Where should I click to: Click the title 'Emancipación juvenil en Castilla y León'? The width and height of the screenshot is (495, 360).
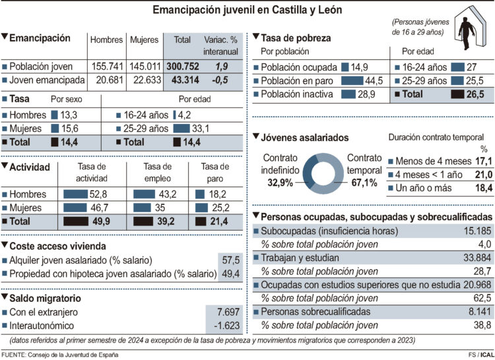[x=247, y=11]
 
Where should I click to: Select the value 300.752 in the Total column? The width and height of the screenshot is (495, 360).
[x=182, y=67]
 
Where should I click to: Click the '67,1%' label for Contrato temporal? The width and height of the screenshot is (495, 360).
[x=364, y=182]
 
